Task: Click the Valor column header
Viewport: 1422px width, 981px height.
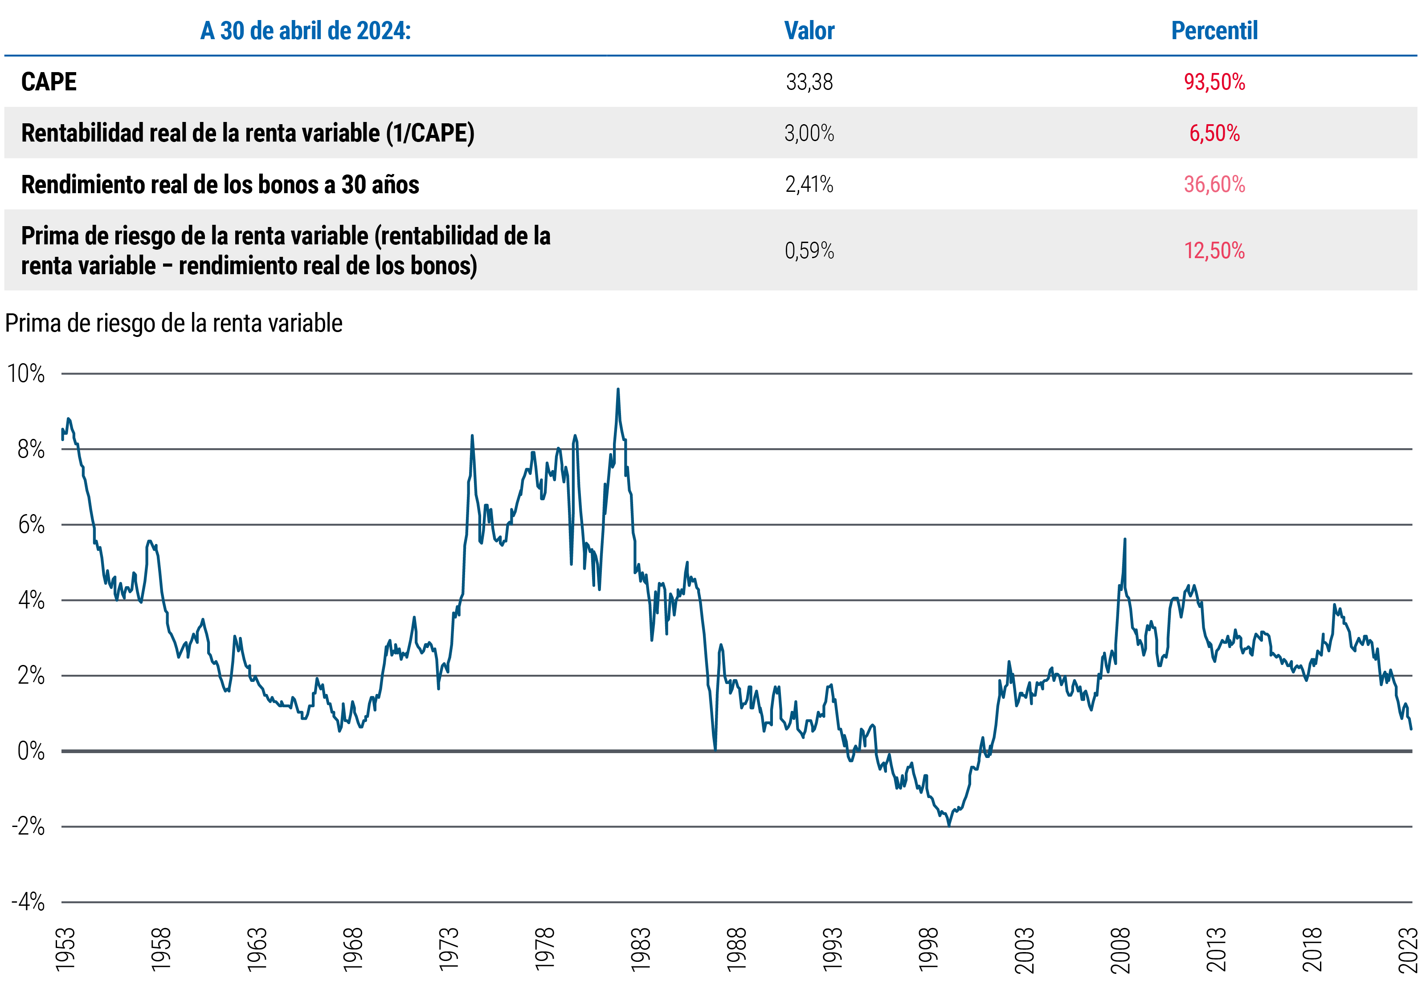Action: point(809,31)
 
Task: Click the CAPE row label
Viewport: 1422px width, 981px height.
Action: point(49,82)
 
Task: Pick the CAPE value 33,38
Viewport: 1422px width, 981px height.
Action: point(809,82)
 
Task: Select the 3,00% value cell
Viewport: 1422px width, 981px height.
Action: point(809,134)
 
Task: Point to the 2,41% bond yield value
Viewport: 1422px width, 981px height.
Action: point(809,184)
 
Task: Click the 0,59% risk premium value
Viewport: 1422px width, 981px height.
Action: point(809,251)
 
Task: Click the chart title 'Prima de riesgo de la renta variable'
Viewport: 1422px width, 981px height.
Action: point(173,323)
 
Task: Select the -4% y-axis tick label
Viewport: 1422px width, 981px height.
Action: point(28,902)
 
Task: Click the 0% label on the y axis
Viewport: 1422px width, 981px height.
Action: point(31,751)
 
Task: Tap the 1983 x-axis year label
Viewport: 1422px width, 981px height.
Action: point(640,950)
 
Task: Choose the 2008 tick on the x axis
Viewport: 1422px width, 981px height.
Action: point(1120,950)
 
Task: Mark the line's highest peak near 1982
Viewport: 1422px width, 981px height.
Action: point(618,389)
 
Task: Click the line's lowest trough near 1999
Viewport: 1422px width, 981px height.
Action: point(949,826)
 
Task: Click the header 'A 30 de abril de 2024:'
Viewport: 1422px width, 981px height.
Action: point(305,31)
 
